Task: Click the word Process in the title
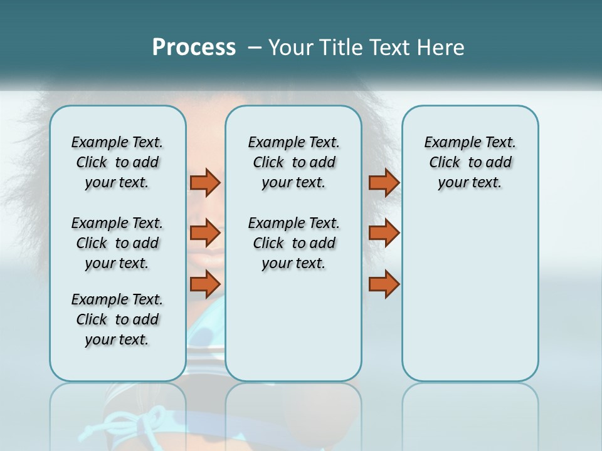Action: pyautogui.click(x=194, y=48)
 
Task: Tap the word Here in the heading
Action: pyautogui.click(x=441, y=48)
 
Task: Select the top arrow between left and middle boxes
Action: pyautogui.click(x=205, y=182)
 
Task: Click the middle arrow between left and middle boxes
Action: pyautogui.click(x=205, y=233)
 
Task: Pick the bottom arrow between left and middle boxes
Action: pyautogui.click(x=205, y=284)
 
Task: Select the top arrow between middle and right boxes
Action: pyautogui.click(x=384, y=182)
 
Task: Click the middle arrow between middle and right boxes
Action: pyautogui.click(x=384, y=233)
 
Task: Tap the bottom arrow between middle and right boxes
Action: pyautogui.click(x=384, y=284)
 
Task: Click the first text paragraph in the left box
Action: pyautogui.click(x=117, y=162)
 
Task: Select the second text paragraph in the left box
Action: pyautogui.click(x=117, y=243)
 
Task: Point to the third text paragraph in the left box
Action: pyautogui.click(x=117, y=319)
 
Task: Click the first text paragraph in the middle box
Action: pyautogui.click(x=293, y=162)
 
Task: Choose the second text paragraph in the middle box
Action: pyautogui.click(x=293, y=243)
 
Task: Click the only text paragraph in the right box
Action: pyautogui.click(x=470, y=162)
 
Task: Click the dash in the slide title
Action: pyautogui.click(x=255, y=48)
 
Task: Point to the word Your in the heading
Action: pyautogui.click(x=290, y=48)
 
